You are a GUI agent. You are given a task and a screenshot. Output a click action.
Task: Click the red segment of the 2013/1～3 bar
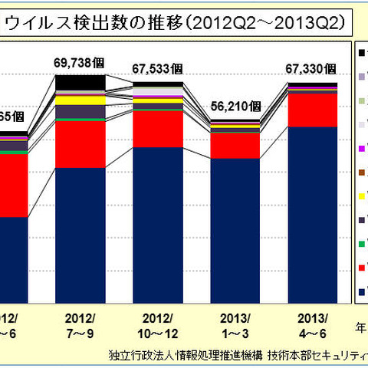click(x=235, y=145)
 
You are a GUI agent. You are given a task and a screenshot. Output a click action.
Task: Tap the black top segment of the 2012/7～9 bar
click(x=80, y=82)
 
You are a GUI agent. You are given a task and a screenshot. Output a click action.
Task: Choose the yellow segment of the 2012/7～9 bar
click(x=80, y=100)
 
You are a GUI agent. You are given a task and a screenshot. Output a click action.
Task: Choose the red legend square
click(x=361, y=268)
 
